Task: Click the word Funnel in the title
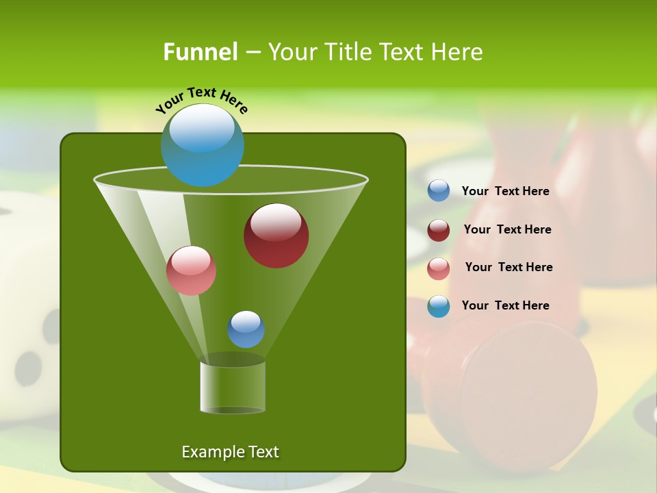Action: coord(200,52)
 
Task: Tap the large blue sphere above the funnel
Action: coord(203,145)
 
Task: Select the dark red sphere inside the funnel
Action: coord(276,236)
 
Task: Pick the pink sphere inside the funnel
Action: coord(192,270)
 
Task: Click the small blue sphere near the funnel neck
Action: coord(246,329)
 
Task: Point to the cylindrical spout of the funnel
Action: coord(233,388)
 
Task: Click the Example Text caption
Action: coord(230,452)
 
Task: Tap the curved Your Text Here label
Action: coord(202,100)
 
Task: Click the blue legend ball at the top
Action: coord(439,191)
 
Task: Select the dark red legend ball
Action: coord(439,230)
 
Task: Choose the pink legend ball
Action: coord(439,268)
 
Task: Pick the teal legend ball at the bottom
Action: coord(439,306)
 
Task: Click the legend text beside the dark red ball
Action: coord(507,229)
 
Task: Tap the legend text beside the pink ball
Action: coord(508,267)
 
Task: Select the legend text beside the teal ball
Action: coord(505,305)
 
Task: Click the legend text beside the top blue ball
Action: coord(505,191)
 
